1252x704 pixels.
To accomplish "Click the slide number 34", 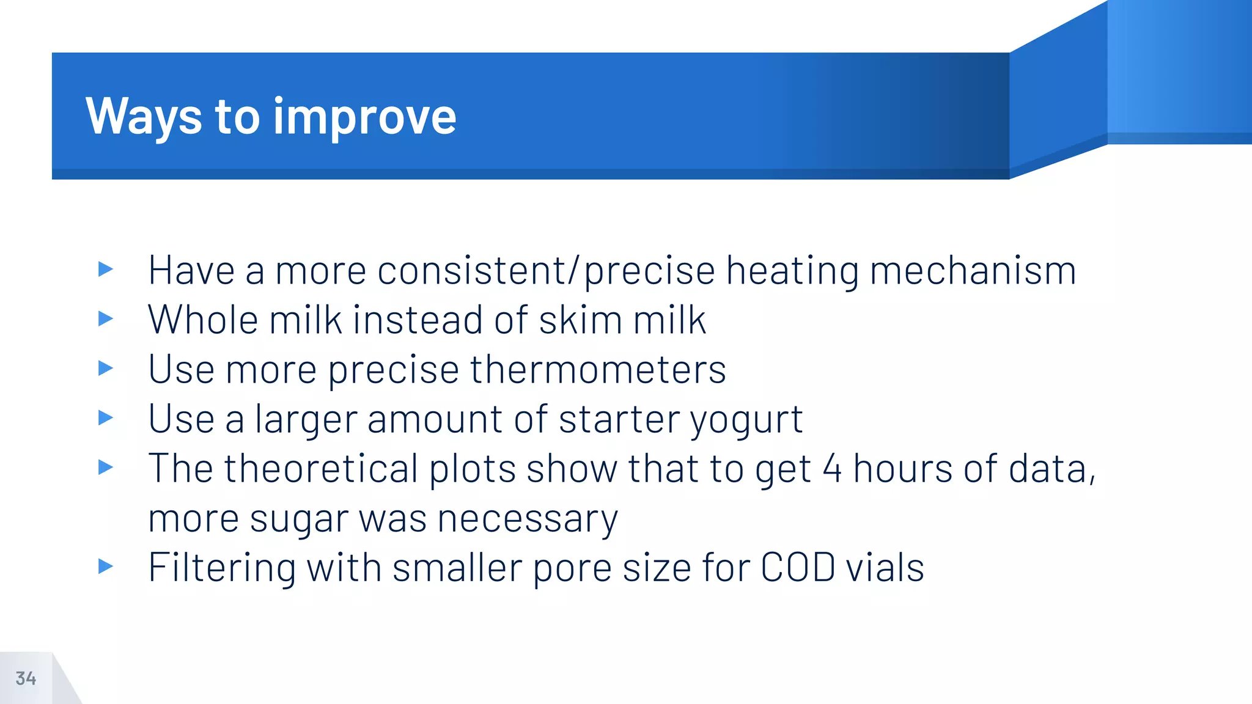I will tap(26, 678).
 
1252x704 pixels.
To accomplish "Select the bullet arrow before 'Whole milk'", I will tap(106, 318).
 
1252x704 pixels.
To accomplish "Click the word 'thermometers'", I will tap(598, 370).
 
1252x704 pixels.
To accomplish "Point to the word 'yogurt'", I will tap(746, 420).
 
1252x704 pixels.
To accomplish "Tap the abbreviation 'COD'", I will tap(798, 568).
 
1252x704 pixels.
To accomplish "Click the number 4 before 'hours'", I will tap(832, 469).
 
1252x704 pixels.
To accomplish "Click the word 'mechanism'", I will tap(973, 271).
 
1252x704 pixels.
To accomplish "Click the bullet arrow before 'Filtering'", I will tap(106, 566).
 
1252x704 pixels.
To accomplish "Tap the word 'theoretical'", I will tap(321, 469).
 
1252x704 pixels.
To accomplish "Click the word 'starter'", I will tap(619, 420).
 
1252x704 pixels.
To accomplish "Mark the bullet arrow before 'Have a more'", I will tap(106, 269).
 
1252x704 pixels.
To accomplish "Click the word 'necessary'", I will tap(528, 519).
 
